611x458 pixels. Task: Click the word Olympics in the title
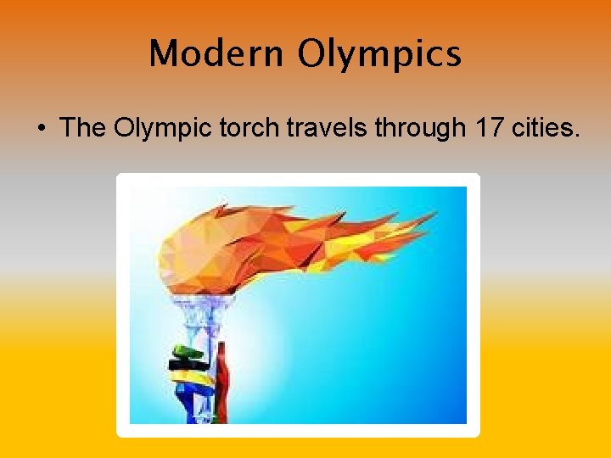tap(378, 54)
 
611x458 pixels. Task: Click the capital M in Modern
tap(163, 54)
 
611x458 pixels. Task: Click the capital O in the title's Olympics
tap(312, 53)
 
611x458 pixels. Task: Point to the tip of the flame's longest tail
tap(435, 215)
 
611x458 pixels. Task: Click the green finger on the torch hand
tap(187, 352)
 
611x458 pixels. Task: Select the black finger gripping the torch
tap(188, 365)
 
